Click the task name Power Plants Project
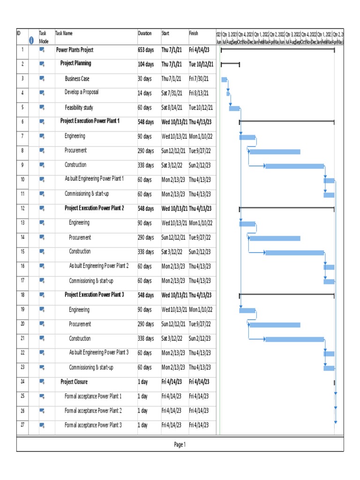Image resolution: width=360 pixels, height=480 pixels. [75, 50]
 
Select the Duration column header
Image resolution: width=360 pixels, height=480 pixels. [145, 33]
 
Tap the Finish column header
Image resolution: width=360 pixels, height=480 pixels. [194, 33]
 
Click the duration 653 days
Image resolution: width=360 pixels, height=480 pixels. [146, 50]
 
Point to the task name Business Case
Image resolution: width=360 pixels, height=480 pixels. [77, 79]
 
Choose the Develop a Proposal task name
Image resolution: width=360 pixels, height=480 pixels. [82, 92]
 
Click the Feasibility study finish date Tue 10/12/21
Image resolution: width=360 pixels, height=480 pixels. [201, 107]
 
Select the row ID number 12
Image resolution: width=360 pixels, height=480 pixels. [22, 208]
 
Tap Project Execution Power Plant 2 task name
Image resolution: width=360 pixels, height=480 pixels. [94, 208]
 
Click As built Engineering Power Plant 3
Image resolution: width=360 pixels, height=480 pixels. [99, 352]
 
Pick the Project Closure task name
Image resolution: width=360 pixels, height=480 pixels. [74, 382]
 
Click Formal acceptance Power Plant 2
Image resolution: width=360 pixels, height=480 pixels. [93, 411]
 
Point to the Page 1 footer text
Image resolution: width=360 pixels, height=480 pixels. [180, 444]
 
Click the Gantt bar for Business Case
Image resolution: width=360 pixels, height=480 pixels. [224, 80]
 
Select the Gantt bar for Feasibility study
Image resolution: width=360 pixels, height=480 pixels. [234, 109]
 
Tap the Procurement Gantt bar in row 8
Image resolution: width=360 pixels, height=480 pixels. [275, 151]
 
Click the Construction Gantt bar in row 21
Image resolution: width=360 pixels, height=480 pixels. [294, 339]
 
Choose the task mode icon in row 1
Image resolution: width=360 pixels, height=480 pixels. [42, 50]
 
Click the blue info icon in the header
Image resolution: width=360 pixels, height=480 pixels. [31, 40]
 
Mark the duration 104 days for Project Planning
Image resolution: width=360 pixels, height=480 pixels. [146, 64]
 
